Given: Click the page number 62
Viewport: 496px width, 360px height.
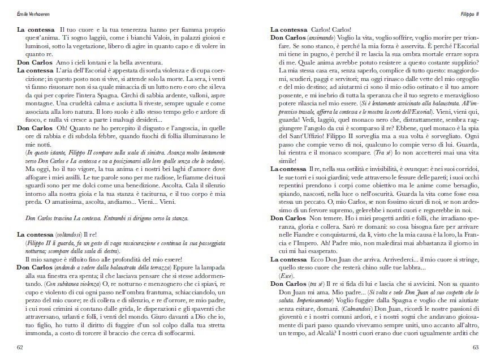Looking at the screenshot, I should click(20, 346).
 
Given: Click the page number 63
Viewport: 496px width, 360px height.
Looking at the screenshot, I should click(476, 346).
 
